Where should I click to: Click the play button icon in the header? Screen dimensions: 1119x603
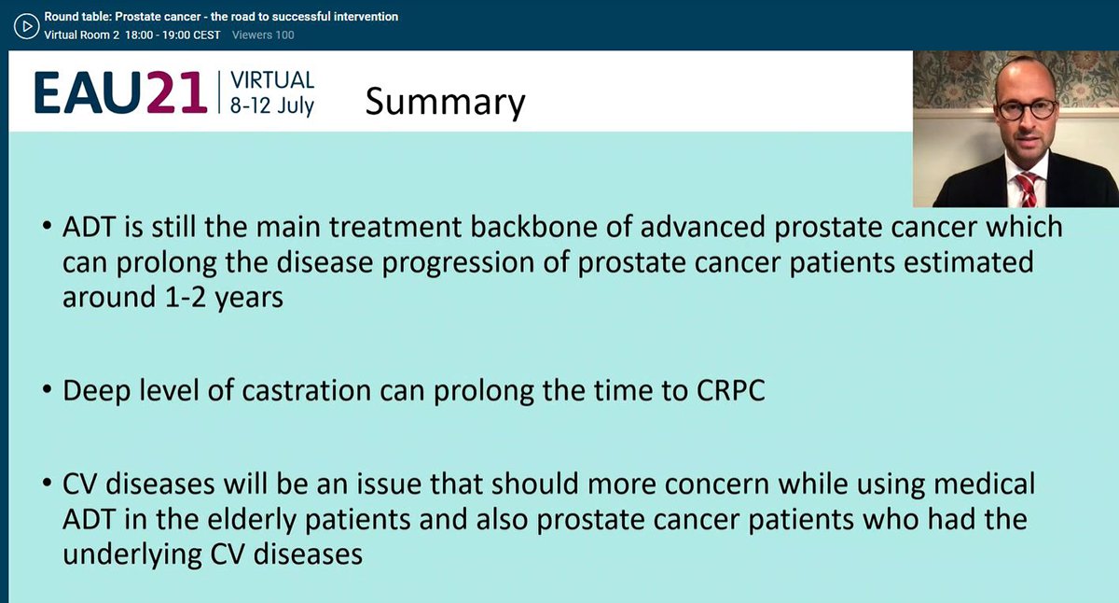26,26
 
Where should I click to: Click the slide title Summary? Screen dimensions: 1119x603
445,102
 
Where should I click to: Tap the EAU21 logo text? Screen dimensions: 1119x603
120,93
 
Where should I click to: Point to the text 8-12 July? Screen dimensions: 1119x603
271,105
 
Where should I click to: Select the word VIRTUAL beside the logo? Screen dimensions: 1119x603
272,80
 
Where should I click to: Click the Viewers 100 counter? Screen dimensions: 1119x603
263,35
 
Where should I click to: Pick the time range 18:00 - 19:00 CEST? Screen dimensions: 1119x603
173,35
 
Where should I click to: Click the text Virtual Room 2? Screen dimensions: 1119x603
82,35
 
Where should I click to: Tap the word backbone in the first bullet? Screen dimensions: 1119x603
534,227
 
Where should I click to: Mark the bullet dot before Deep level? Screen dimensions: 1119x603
48,389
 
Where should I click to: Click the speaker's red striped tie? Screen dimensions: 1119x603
1027,189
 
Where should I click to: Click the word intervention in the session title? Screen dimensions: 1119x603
366,17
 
